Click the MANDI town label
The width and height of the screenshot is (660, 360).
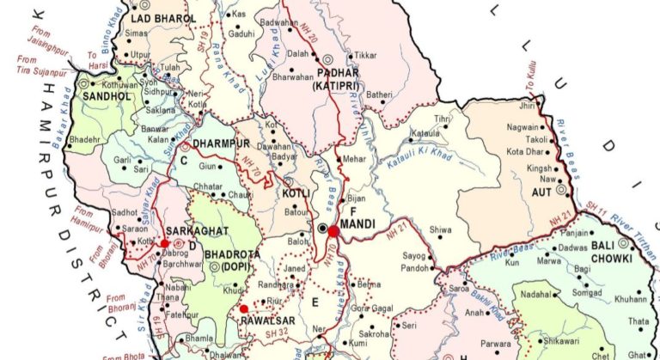click(355, 224)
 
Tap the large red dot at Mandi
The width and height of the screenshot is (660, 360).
click(333, 230)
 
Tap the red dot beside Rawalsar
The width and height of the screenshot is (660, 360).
click(243, 308)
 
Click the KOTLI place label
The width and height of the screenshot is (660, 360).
click(295, 193)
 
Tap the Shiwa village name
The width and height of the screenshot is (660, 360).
click(440, 229)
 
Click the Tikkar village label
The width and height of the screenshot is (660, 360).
click(365, 55)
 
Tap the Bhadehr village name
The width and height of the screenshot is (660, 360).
click(84, 138)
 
